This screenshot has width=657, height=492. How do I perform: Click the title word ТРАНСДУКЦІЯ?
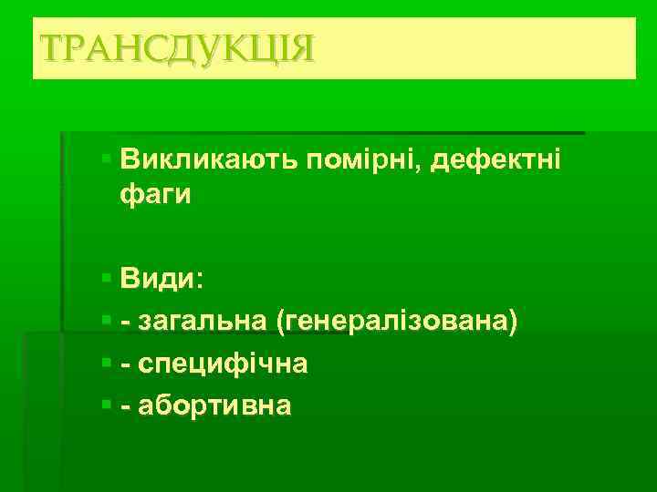point(174,47)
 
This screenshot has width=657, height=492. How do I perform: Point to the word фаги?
point(155,195)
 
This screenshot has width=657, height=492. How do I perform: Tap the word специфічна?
point(221,363)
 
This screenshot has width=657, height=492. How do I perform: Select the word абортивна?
point(214,405)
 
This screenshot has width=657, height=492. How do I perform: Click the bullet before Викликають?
point(107,159)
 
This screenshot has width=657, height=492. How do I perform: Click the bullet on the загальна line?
point(107,320)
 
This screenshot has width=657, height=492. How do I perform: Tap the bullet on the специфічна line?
point(107,363)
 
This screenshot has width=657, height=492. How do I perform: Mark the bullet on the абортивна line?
point(107,405)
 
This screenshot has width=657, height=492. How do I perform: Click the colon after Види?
point(201,281)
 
